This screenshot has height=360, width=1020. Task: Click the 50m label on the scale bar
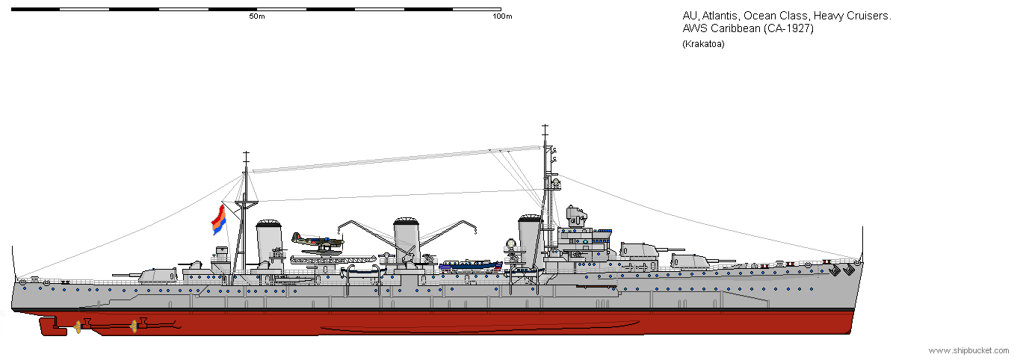[257, 16]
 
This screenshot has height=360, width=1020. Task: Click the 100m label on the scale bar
[502, 16]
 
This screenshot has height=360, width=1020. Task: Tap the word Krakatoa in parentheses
[703, 44]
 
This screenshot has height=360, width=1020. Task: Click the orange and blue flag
[218, 220]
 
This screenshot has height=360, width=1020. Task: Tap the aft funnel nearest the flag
[269, 240]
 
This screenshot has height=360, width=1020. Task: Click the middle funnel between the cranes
[407, 240]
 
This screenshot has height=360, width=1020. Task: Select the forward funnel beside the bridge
[530, 238]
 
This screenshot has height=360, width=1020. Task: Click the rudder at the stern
[53, 327]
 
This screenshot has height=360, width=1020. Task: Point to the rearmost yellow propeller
[78, 326]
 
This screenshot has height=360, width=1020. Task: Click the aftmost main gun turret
[157, 276]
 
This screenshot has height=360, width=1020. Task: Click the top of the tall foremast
[545, 125]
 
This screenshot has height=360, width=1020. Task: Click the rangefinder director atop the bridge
[575, 217]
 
